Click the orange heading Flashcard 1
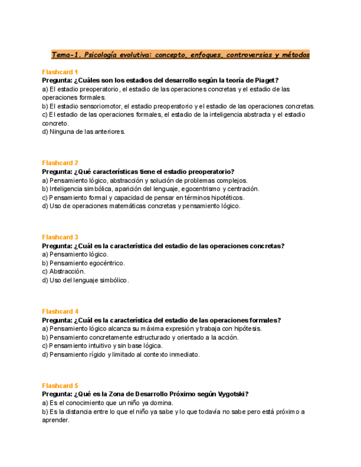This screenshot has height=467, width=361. (x=60, y=72)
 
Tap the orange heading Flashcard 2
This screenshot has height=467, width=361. (x=60, y=163)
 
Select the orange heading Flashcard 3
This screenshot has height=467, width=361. (x=60, y=237)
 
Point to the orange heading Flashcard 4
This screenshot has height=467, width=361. (x=60, y=312)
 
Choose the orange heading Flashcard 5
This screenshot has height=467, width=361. (x=60, y=386)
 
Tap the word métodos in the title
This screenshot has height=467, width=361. (x=295, y=55)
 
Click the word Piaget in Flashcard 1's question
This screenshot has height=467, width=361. (x=265, y=80)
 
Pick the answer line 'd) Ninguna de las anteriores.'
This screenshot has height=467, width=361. (x=84, y=132)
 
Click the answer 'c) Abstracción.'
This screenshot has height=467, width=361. (x=63, y=271)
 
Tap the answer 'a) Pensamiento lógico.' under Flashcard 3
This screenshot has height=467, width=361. (x=75, y=254)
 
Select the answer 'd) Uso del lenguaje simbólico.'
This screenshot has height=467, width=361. (x=85, y=280)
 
